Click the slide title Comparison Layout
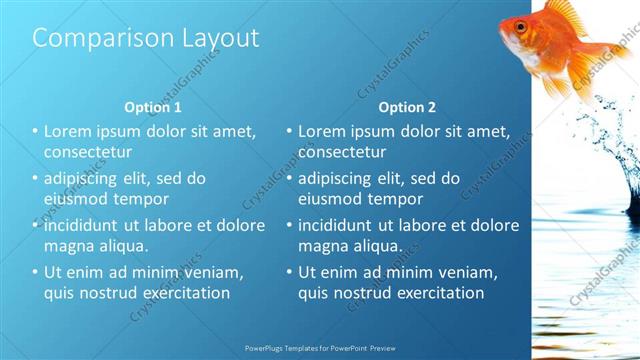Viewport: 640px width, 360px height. pos(145,38)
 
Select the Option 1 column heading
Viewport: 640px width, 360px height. pos(153,107)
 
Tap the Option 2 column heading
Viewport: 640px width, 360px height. pos(407,107)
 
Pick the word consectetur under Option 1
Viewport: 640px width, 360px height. pos(88,153)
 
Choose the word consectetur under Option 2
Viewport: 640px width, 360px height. pos(342,153)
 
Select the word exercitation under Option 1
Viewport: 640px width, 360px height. pos(182,293)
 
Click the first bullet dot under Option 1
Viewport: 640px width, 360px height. pos(35,131)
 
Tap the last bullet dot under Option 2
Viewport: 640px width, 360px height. pos(289,272)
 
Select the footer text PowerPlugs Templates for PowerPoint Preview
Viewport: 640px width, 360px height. pos(320,350)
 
